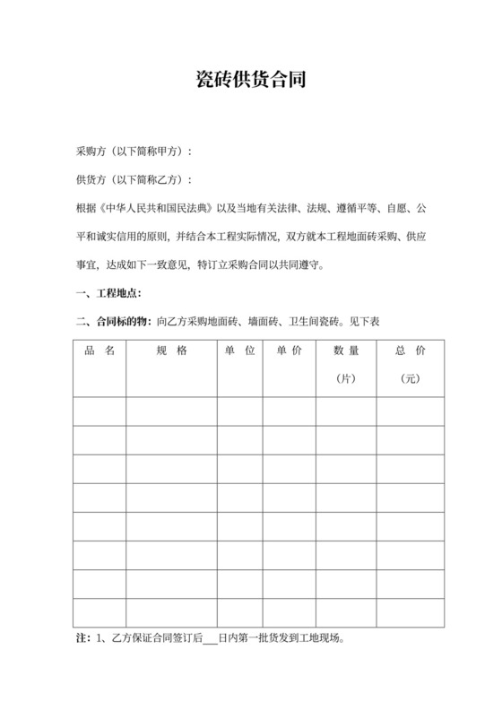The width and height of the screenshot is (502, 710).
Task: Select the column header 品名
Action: (x=100, y=351)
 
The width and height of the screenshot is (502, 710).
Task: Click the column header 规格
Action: (x=171, y=351)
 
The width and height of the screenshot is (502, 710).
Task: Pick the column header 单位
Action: (x=238, y=351)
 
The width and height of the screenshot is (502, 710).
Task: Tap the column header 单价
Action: (x=289, y=351)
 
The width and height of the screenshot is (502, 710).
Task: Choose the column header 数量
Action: (x=346, y=351)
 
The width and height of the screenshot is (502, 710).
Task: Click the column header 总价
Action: (x=411, y=351)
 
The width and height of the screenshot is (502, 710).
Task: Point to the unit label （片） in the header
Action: (x=346, y=380)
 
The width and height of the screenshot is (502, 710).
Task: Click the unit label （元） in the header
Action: (x=411, y=380)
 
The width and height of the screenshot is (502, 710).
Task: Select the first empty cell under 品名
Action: (x=100, y=411)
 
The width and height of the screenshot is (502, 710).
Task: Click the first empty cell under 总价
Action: (x=411, y=411)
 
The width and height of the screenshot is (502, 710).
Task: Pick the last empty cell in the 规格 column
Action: (x=171, y=612)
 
